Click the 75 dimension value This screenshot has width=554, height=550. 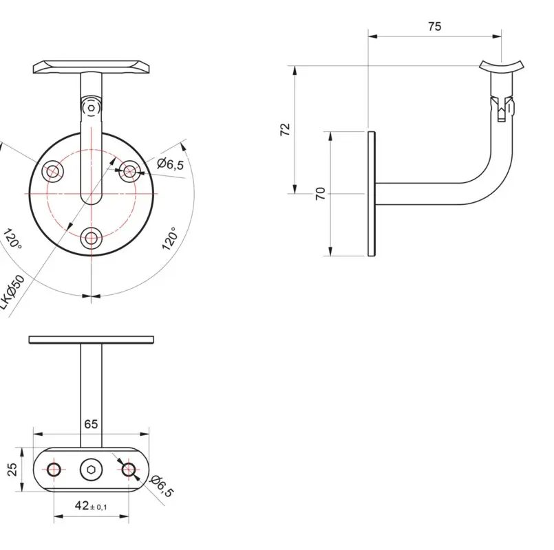coord(434,27)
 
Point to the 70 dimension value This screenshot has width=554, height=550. coord(320,194)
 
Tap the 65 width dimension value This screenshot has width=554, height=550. coord(91,424)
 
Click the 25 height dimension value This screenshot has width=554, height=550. coord(12,470)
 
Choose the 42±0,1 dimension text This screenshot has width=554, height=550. coord(91,506)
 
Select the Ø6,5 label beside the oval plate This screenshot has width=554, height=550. coord(162,485)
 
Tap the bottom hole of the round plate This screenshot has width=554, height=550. coord(91,239)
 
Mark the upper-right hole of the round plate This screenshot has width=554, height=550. coord(129,170)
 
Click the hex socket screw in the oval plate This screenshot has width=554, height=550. coord(91,470)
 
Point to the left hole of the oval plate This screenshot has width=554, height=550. coord(54,470)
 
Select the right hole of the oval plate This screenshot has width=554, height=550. coord(128,470)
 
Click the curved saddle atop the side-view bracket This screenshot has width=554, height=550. coord(502,66)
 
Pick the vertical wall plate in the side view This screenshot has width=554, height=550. coord(372,194)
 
